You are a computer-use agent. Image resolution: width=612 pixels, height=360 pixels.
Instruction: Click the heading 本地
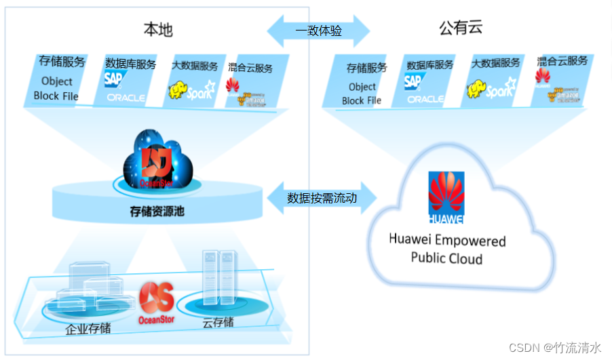157,29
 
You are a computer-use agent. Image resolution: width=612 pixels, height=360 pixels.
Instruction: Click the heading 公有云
461,29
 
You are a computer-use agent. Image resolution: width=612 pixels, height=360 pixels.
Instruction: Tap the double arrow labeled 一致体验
318,31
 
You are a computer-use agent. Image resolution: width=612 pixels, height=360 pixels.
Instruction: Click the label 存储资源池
157,212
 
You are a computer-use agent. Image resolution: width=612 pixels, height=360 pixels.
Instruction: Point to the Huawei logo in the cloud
446,197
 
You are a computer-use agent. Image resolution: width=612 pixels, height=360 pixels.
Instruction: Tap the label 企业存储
88,329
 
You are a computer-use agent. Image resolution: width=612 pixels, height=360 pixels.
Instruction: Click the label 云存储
218,322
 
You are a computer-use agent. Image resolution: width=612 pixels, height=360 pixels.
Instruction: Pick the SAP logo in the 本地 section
113,79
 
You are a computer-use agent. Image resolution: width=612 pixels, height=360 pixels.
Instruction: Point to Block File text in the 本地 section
56,96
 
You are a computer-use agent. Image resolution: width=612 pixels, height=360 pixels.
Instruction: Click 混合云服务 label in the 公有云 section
562,61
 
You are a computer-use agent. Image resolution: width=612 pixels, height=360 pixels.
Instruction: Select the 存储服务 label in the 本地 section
62,62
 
